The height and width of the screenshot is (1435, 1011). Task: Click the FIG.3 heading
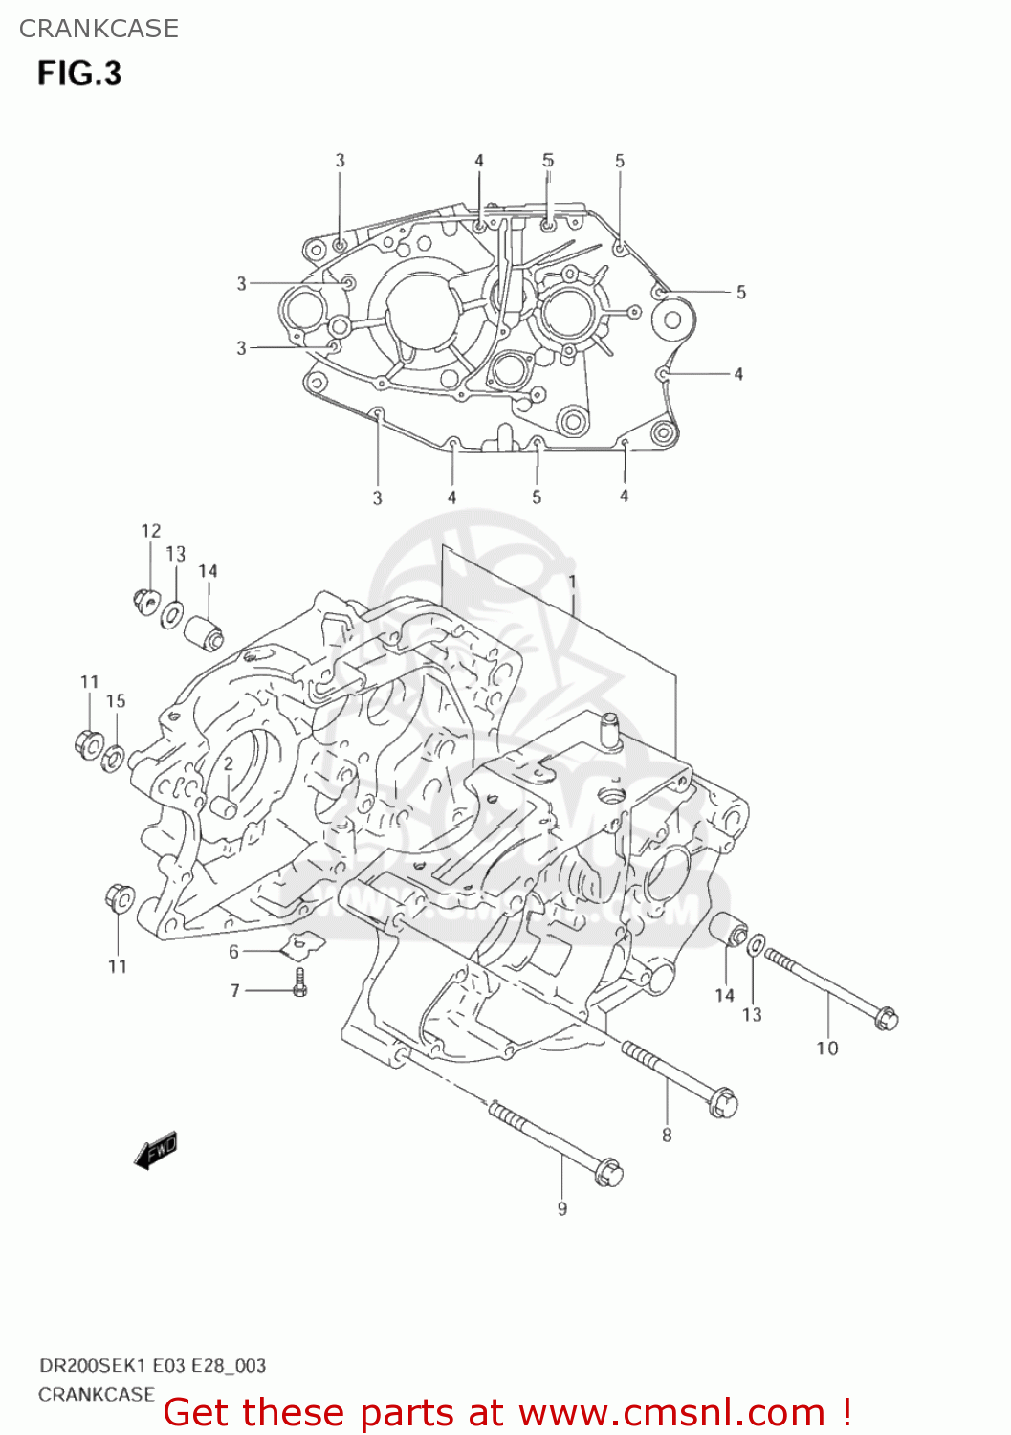79,74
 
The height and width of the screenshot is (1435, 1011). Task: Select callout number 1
572,582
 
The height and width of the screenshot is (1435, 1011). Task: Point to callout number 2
229,764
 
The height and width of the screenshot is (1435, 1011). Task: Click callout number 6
233,952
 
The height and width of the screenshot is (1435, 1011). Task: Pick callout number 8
667,1136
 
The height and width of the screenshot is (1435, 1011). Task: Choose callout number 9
562,1209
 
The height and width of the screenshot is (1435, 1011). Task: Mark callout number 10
826,1049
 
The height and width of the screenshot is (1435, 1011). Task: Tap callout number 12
151,531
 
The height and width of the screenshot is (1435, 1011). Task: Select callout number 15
116,701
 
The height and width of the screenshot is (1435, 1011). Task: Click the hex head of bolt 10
886,1018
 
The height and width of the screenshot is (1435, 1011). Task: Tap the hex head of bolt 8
723,1106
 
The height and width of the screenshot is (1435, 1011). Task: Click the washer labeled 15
113,760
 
